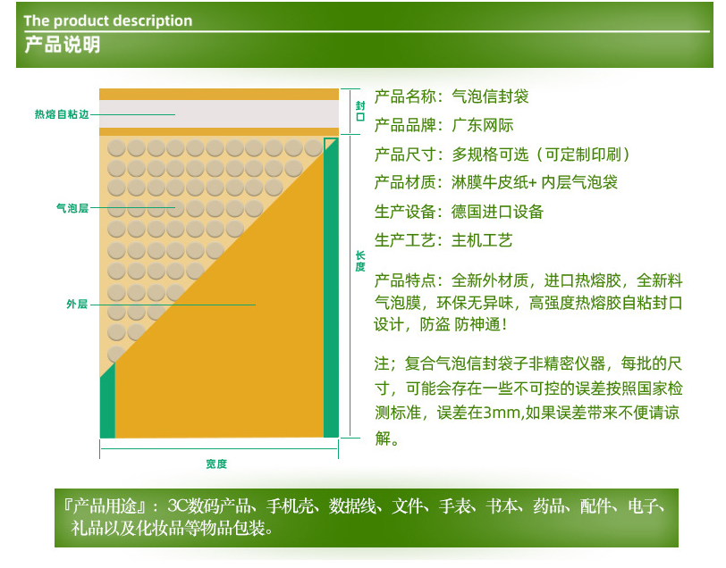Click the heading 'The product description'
[108, 21]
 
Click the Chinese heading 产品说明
[62, 45]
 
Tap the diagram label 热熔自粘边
[62, 114]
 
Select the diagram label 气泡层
[72, 208]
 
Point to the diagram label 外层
[77, 304]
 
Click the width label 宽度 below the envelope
[216, 464]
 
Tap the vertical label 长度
[360, 262]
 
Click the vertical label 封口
[360, 111]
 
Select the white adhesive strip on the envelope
[219, 113]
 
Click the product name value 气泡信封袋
[490, 96]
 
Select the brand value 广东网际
[483, 125]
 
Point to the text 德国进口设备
[497, 212]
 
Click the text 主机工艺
[482, 240]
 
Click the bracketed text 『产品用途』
[106, 506]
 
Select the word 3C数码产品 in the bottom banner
[211, 506]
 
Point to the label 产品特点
[405, 280]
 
